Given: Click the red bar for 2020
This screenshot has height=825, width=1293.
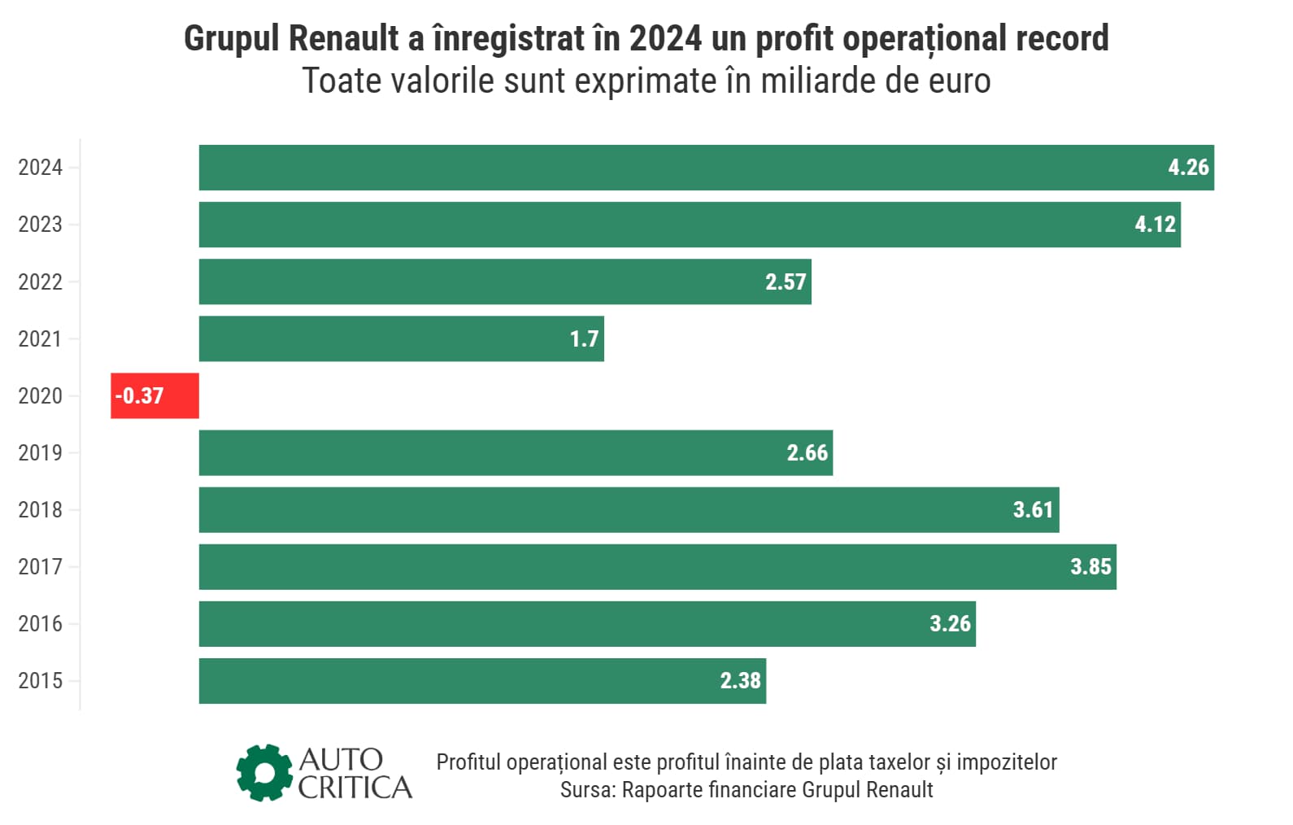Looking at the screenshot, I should tap(155, 395).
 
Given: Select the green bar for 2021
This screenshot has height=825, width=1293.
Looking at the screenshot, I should tap(401, 338).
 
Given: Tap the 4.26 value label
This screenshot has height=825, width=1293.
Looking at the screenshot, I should tap(1188, 168).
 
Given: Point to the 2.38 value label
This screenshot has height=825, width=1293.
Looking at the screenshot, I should tap(740, 680).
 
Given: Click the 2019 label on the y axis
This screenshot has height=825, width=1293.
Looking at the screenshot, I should tap(40, 453).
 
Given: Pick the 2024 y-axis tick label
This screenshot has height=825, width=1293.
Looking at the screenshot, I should tap(40, 168).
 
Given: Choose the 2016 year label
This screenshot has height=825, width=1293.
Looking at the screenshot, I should tap(40, 624).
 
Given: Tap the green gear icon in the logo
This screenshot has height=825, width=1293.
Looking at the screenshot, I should tap(264, 772).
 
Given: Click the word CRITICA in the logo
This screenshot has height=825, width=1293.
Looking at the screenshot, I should tap(355, 788).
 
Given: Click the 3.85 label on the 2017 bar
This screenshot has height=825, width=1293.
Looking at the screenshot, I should tap(1090, 566).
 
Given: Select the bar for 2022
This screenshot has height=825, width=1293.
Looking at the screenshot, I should tap(504, 282).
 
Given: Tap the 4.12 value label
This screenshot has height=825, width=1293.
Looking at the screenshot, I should tap(1155, 225).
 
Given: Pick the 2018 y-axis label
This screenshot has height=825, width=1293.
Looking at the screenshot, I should tap(40, 510).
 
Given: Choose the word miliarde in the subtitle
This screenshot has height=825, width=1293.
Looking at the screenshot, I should tap(819, 81).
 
